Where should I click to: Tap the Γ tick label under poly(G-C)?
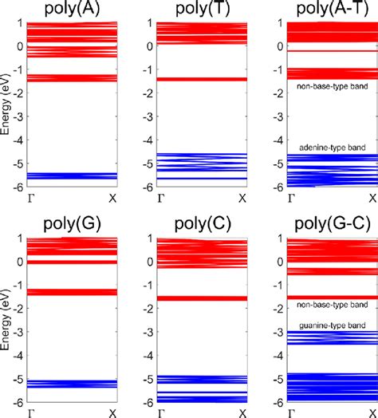coord(292,411)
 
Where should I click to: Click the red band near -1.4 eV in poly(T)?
coord(201,80)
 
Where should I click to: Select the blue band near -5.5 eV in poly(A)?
coord(70,175)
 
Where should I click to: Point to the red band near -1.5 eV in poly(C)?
coord(201,298)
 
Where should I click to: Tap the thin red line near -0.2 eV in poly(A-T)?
coord(331,50)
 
